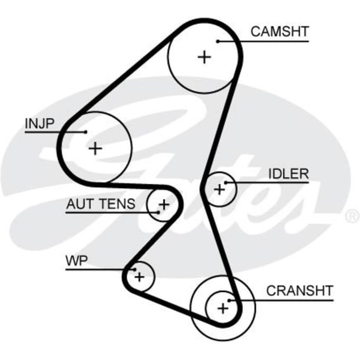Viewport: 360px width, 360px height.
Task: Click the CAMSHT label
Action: [x=280, y=32]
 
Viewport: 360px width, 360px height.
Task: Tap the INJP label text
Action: [x=39, y=123]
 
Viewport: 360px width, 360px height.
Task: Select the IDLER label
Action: [x=289, y=174]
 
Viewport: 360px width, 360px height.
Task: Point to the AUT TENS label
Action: [x=101, y=204]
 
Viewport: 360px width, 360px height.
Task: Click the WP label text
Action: [x=77, y=260]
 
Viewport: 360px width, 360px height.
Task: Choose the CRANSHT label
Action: [x=300, y=291]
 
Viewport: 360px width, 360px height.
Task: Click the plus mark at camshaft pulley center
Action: [x=204, y=57]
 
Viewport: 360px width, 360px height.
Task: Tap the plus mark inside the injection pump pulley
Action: [x=95, y=148]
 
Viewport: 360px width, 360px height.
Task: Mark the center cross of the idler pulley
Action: [x=220, y=190]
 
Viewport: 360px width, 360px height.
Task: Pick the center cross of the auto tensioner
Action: [x=164, y=204]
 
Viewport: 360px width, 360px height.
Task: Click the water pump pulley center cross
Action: [x=139, y=276]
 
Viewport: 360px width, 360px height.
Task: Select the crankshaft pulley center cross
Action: [x=223, y=308]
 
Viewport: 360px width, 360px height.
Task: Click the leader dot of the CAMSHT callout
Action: [x=218, y=41]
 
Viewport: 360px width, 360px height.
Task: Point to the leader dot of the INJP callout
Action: [x=86, y=132]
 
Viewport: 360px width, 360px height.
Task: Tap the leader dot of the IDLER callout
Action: [x=226, y=183]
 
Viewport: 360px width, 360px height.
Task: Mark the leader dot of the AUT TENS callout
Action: [x=158, y=212]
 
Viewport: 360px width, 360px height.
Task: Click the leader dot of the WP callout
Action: [x=135, y=269]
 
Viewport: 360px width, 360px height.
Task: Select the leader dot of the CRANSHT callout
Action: [x=229, y=300]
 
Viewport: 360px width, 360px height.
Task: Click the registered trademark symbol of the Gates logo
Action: [x=353, y=217]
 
